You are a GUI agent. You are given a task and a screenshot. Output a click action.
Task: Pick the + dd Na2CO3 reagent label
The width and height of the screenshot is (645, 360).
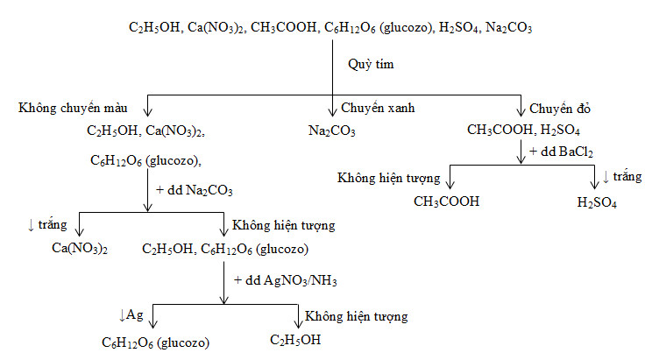[x=194, y=189]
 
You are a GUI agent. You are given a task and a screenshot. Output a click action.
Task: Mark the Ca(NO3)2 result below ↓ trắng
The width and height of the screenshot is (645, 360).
[x=80, y=249]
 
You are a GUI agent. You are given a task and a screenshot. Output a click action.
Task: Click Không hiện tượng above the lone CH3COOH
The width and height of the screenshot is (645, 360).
[x=388, y=179]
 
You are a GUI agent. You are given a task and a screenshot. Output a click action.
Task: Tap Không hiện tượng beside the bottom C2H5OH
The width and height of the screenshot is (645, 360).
[x=357, y=315]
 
